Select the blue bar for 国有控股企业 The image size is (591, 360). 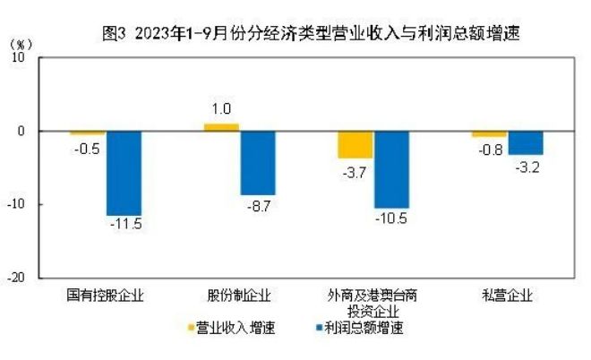(x=124, y=173)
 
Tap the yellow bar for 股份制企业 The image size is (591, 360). (x=221, y=127)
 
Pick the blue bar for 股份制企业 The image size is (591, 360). (x=258, y=162)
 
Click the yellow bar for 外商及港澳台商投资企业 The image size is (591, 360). (x=355, y=144)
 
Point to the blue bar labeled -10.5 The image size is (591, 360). (x=391, y=169)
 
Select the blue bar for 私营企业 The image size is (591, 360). (x=526, y=142)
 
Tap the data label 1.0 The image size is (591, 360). (x=221, y=111)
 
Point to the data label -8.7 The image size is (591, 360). (x=258, y=205)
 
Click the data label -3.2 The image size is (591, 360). (x=527, y=167)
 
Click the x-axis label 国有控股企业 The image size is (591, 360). (x=105, y=295)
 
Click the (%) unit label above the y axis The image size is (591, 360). (x=22, y=43)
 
